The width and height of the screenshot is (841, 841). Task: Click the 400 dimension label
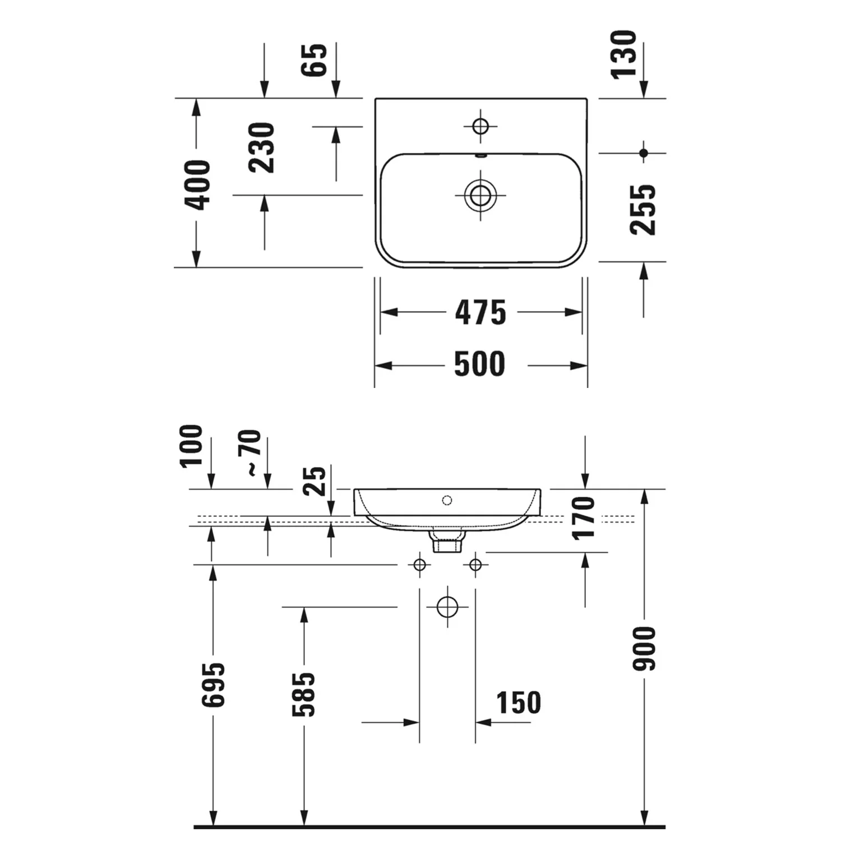197,185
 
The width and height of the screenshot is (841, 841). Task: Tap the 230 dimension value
261,147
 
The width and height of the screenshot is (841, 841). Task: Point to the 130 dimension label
624,54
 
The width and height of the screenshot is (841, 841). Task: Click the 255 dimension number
643,210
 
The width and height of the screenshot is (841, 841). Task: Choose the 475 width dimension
480,312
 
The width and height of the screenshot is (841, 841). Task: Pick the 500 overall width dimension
479,364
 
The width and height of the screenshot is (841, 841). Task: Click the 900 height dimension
644,648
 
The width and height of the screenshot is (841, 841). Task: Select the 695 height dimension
213,685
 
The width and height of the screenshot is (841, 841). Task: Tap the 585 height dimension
304,694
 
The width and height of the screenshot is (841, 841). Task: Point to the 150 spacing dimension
519,703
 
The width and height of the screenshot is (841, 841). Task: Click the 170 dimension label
584,517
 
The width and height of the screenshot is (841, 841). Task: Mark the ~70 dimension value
252,453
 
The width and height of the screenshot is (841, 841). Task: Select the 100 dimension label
191,446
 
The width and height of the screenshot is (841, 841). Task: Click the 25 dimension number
315,480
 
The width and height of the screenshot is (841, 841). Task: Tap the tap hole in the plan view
480,126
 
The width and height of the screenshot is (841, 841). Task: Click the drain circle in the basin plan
480,196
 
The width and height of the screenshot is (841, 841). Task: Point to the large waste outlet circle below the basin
447,607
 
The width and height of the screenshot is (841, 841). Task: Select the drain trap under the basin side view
446,542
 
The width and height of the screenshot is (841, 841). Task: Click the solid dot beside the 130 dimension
644,153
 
